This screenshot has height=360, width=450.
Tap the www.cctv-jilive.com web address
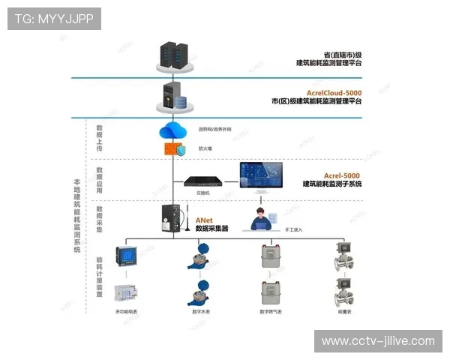[x=378, y=340]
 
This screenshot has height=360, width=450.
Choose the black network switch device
[x=203, y=181]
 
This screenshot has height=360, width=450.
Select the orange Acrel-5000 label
[x=342, y=174]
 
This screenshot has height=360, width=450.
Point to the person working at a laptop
[x=262, y=218]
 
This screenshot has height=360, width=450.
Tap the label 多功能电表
[x=127, y=311]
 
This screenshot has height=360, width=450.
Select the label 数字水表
[x=201, y=311]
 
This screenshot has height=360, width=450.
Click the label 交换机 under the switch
[x=202, y=193]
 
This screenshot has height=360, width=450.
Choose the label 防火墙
[x=205, y=148]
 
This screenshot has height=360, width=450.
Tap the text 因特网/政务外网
[x=216, y=129]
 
